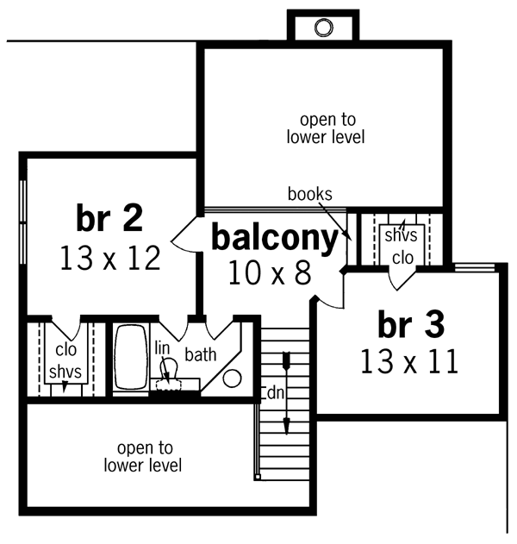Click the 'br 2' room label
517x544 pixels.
click(x=109, y=219)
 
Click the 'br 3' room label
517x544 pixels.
click(x=411, y=325)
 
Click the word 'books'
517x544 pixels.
click(x=310, y=194)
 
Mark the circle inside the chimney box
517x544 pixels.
click(x=323, y=28)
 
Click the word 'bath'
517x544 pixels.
click(x=200, y=353)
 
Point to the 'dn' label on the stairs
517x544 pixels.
click(x=275, y=391)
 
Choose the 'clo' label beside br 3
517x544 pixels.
click(x=402, y=257)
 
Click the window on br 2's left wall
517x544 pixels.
click(x=23, y=220)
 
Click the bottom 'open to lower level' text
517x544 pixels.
click(x=143, y=457)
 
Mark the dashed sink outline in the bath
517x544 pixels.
click(x=176, y=385)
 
